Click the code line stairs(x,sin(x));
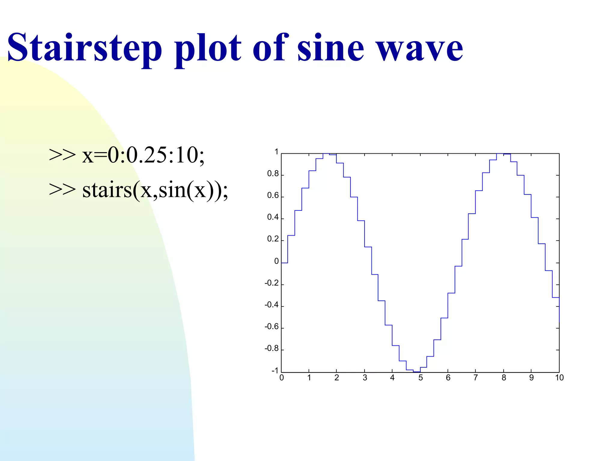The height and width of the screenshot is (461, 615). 155,190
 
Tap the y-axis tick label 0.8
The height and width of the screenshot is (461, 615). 273,174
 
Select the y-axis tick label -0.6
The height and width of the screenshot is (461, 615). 271,327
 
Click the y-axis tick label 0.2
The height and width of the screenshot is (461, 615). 273,239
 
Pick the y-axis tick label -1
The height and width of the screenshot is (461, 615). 275,371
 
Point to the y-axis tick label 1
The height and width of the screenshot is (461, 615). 276,152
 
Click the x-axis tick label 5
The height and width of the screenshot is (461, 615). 420,378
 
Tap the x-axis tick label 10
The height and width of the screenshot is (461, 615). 559,378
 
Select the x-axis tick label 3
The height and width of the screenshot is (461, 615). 365,378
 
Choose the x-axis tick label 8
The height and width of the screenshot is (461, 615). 504,378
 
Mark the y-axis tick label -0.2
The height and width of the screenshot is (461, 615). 271,283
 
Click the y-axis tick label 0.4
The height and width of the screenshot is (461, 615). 273,217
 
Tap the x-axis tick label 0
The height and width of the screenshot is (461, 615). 281,378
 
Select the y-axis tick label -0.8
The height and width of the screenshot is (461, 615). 271,348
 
